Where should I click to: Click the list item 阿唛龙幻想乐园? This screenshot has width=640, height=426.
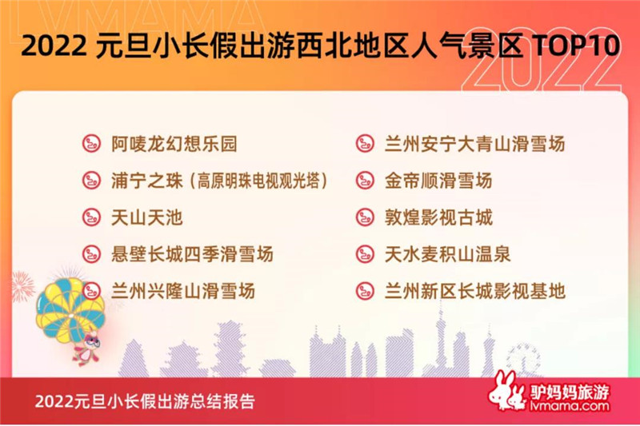[x=174, y=144]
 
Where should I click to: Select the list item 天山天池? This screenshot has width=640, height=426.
[x=147, y=217]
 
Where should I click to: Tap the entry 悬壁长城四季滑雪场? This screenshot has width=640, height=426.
[x=192, y=254]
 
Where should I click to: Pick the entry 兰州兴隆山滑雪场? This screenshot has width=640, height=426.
[x=183, y=291]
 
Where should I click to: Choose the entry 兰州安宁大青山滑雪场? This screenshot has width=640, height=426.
[x=474, y=144]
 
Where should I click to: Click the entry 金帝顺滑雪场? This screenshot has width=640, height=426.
[x=438, y=181]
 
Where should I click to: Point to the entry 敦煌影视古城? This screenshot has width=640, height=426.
[x=438, y=217]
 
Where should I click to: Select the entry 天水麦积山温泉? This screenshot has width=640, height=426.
[x=447, y=254]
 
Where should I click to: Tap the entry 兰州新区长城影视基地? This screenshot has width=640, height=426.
[x=474, y=291]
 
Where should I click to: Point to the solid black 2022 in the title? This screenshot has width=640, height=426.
[x=54, y=45]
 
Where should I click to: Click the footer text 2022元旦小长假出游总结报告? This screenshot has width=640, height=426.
[x=145, y=401]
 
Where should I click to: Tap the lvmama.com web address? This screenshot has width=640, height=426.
[x=570, y=405]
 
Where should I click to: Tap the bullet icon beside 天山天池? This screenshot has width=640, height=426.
[x=91, y=217]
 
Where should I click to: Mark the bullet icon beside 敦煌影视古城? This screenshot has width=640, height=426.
[x=365, y=217]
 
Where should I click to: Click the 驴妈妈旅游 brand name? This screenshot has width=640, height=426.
[x=570, y=392]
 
